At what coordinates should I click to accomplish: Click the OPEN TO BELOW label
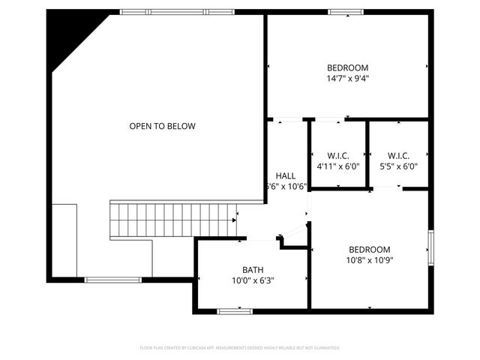[162, 126]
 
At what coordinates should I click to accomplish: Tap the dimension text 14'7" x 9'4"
[347, 78]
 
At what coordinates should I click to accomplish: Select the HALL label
[286, 175]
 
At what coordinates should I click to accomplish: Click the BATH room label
[253, 270]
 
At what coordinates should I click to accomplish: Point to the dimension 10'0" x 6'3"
[253, 280]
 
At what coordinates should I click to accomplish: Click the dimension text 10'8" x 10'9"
[370, 260]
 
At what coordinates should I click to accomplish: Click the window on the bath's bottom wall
[235, 310]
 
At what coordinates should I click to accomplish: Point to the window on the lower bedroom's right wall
[431, 247]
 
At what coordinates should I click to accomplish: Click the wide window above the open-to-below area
[177, 11]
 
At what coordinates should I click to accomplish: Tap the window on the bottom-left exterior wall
[112, 280]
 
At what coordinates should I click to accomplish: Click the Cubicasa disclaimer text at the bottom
[240, 348]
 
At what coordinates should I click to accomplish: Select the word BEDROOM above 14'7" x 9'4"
[347, 67]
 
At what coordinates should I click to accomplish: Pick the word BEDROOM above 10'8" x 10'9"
[370, 250]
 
